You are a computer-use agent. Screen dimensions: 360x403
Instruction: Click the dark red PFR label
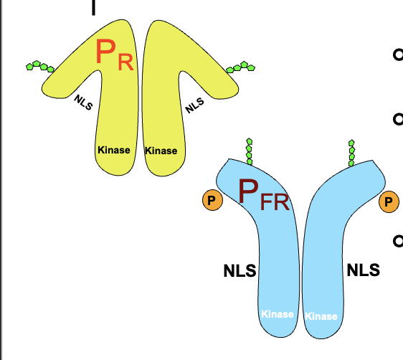pyautogui.click(x=263, y=196)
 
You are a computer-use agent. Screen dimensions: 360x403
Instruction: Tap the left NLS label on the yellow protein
pyautogui.click(x=84, y=104)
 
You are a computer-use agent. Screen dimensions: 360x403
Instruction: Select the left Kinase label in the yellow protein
pyautogui.click(x=113, y=150)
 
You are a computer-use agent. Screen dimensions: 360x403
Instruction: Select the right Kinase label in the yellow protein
pyautogui.click(x=161, y=151)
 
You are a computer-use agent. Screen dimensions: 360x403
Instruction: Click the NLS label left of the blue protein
pyautogui.click(x=240, y=271)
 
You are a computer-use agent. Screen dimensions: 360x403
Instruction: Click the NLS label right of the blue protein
pyautogui.click(x=363, y=270)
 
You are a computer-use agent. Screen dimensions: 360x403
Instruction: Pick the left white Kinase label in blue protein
pyautogui.click(x=277, y=314)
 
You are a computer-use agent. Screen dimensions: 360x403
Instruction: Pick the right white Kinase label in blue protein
pyautogui.click(x=321, y=316)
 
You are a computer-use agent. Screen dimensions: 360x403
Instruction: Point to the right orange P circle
pyautogui.click(x=389, y=202)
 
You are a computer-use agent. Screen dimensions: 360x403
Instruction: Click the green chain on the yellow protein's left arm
pyautogui.click(x=40, y=66)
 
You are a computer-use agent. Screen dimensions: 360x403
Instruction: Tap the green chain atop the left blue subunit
pyautogui.click(x=249, y=151)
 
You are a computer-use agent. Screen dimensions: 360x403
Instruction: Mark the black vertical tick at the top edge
pyautogui.click(x=93, y=7)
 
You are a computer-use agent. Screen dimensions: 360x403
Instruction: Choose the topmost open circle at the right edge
pyautogui.click(x=397, y=55)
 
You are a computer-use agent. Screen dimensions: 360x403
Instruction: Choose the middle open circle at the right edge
pyautogui.click(x=397, y=119)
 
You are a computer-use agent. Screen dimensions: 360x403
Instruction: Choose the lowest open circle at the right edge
pyautogui.click(x=397, y=241)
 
